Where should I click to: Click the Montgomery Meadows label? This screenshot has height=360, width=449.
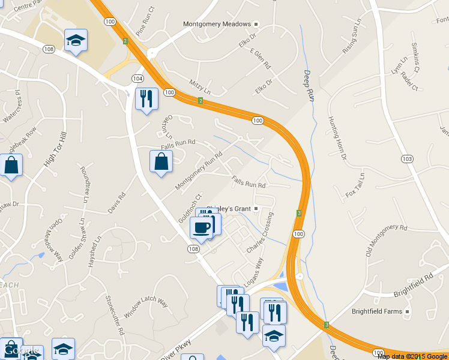pyautogui.click(x=217, y=25)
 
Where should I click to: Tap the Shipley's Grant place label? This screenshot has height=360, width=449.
pyautogui.click(x=229, y=209)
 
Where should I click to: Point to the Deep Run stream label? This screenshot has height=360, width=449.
pyautogui.click(x=309, y=85)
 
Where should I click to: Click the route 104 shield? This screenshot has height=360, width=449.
pyautogui.click(x=138, y=79)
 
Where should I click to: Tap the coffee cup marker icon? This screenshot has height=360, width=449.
pyautogui.click(x=202, y=227)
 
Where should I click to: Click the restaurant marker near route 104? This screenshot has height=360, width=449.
pyautogui.click(x=146, y=98)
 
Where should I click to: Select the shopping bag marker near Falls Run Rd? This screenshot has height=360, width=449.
pyautogui.click(x=161, y=161)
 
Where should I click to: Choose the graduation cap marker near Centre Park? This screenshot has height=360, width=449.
pyautogui.click(x=76, y=40)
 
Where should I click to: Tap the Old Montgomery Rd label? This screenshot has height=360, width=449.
pyautogui.click(x=386, y=241)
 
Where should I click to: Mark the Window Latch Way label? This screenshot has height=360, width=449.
pyautogui.click(x=145, y=307)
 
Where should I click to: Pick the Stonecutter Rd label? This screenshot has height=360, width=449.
pyautogui.click(x=114, y=314)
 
